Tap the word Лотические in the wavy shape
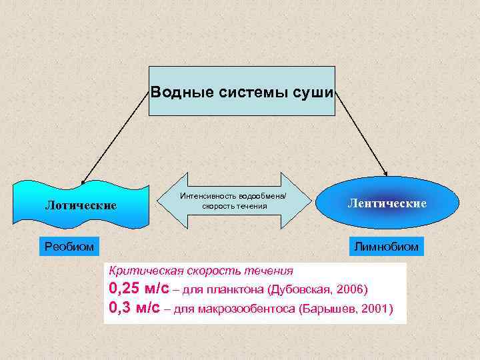click(81, 205)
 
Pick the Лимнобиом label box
click(387, 247)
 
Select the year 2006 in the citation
click(351, 291)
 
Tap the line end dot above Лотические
click(83, 181)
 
